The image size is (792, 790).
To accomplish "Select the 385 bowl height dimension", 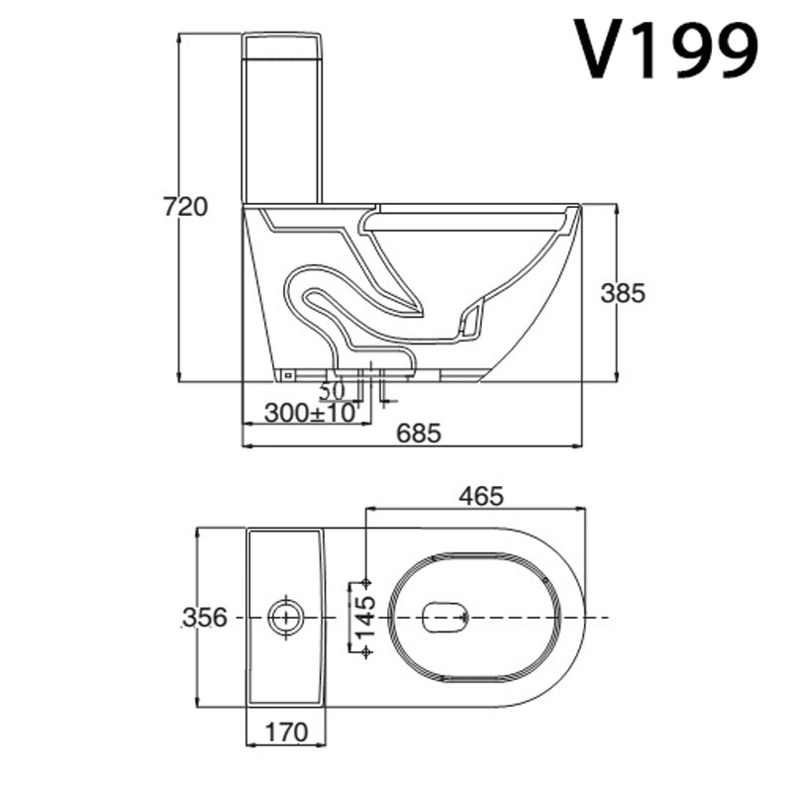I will pyautogui.click(x=623, y=293).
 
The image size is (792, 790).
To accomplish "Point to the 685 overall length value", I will pyautogui.click(x=418, y=433).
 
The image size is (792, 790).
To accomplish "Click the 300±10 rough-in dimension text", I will pyautogui.click(x=309, y=413).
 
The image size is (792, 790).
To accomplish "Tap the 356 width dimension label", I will pyautogui.click(x=204, y=617).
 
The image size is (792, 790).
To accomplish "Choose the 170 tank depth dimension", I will pyautogui.click(x=286, y=733).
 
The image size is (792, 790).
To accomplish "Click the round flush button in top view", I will pyautogui.click(x=286, y=616).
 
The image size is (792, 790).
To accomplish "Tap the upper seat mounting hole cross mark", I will pyautogui.click(x=366, y=581).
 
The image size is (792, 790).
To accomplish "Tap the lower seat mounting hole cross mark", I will pyautogui.click(x=366, y=650).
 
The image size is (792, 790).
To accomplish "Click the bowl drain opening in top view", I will pyautogui.click(x=445, y=617).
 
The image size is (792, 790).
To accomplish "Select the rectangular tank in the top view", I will pyautogui.click(x=285, y=617).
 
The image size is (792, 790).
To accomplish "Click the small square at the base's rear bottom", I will pyautogui.click(x=288, y=374).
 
